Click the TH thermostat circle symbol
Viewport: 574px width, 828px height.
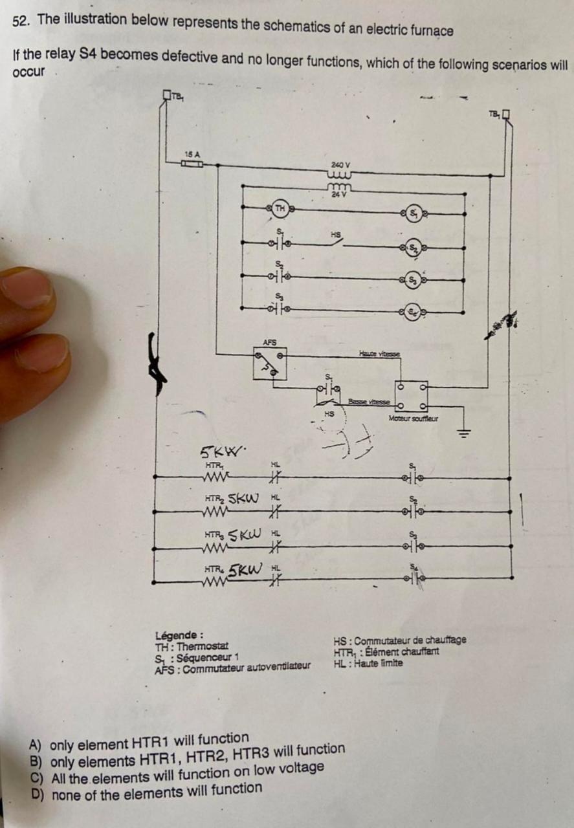[280, 208]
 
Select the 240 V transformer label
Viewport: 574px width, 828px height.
[340, 166]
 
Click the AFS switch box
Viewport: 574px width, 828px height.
[270, 364]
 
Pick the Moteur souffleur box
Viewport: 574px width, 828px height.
[412, 397]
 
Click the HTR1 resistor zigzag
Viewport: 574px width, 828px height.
[214, 477]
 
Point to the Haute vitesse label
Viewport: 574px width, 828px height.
[379, 353]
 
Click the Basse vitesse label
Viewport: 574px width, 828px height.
[368, 402]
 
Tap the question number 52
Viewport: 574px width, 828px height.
[21, 21]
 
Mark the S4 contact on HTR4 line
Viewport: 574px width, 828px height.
[415, 578]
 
